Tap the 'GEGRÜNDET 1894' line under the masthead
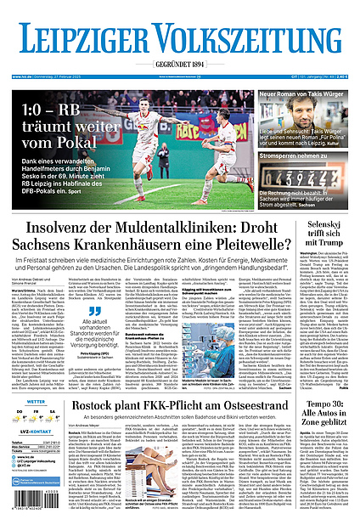click(180, 65)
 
